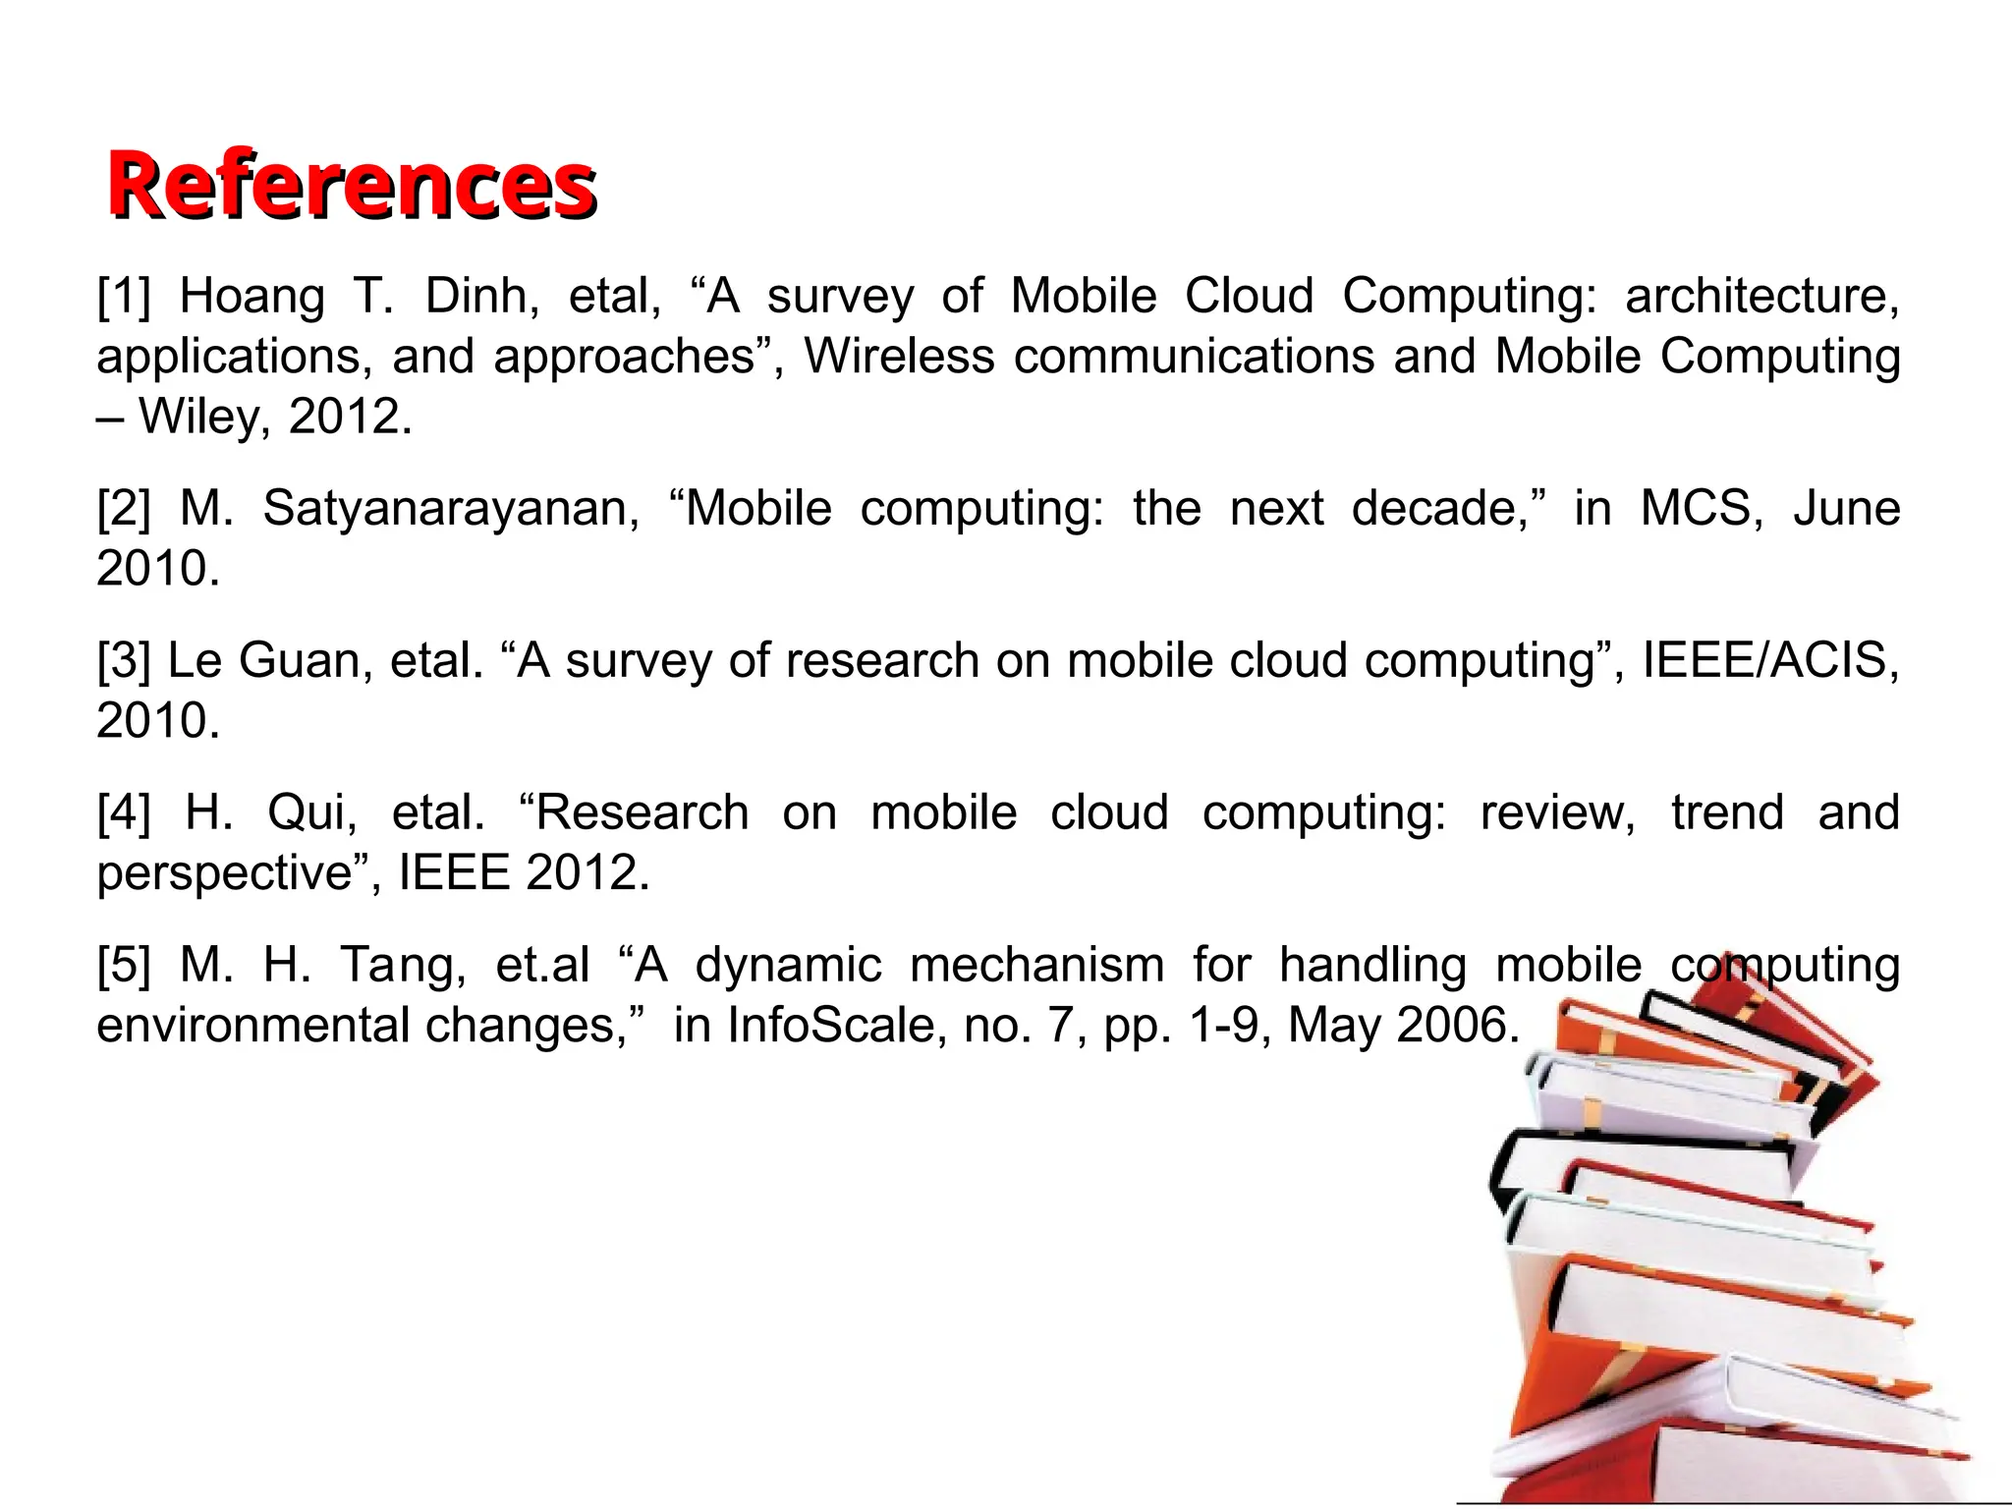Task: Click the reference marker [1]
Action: pos(124,296)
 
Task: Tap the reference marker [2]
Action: pos(124,508)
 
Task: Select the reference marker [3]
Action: pos(124,660)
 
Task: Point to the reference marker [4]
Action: pos(124,812)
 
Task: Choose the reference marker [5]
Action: pos(124,965)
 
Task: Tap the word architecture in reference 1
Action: pos(1761,296)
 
